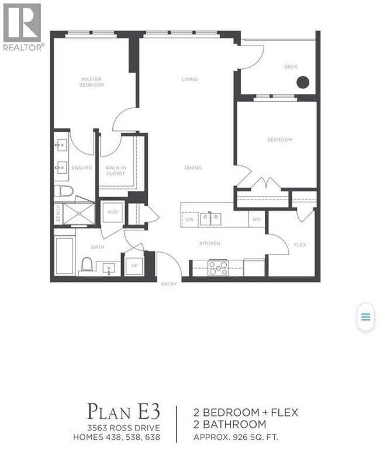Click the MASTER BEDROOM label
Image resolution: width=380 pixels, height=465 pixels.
(92, 82)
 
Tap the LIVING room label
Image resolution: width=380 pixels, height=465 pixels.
(189, 80)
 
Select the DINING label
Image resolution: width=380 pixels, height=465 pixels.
(193, 168)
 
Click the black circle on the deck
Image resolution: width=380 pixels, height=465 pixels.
(302, 82)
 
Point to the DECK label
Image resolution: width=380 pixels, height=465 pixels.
(291, 67)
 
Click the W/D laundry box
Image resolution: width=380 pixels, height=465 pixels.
(112, 212)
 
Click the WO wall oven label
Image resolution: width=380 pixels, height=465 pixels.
(256, 219)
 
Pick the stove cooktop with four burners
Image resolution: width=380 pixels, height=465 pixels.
(218, 267)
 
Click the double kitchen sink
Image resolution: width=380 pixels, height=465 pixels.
(210, 219)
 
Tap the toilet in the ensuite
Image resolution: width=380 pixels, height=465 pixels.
(63, 191)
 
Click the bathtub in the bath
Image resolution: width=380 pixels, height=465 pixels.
(64, 255)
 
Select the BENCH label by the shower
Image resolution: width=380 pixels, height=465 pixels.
(58, 213)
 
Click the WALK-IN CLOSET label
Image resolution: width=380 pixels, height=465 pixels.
(116, 171)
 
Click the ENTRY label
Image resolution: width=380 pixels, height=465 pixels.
(168, 284)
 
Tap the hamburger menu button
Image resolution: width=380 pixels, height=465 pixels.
(365, 317)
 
